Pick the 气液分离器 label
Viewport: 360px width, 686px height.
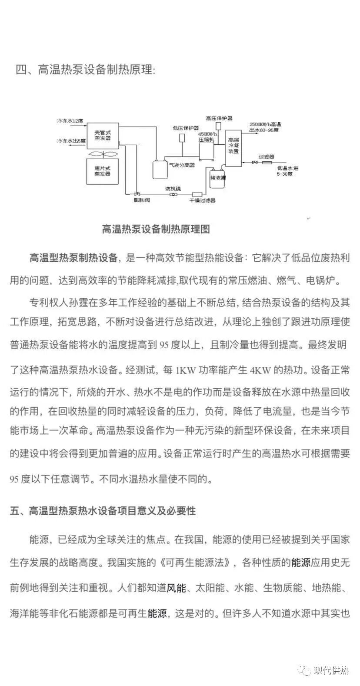(x=182, y=165)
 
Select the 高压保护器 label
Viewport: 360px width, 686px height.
(x=219, y=117)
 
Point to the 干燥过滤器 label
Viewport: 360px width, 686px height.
(x=202, y=200)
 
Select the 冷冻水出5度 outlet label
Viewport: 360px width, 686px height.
(x=71, y=141)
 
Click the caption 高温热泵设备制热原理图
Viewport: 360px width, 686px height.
(x=156, y=229)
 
